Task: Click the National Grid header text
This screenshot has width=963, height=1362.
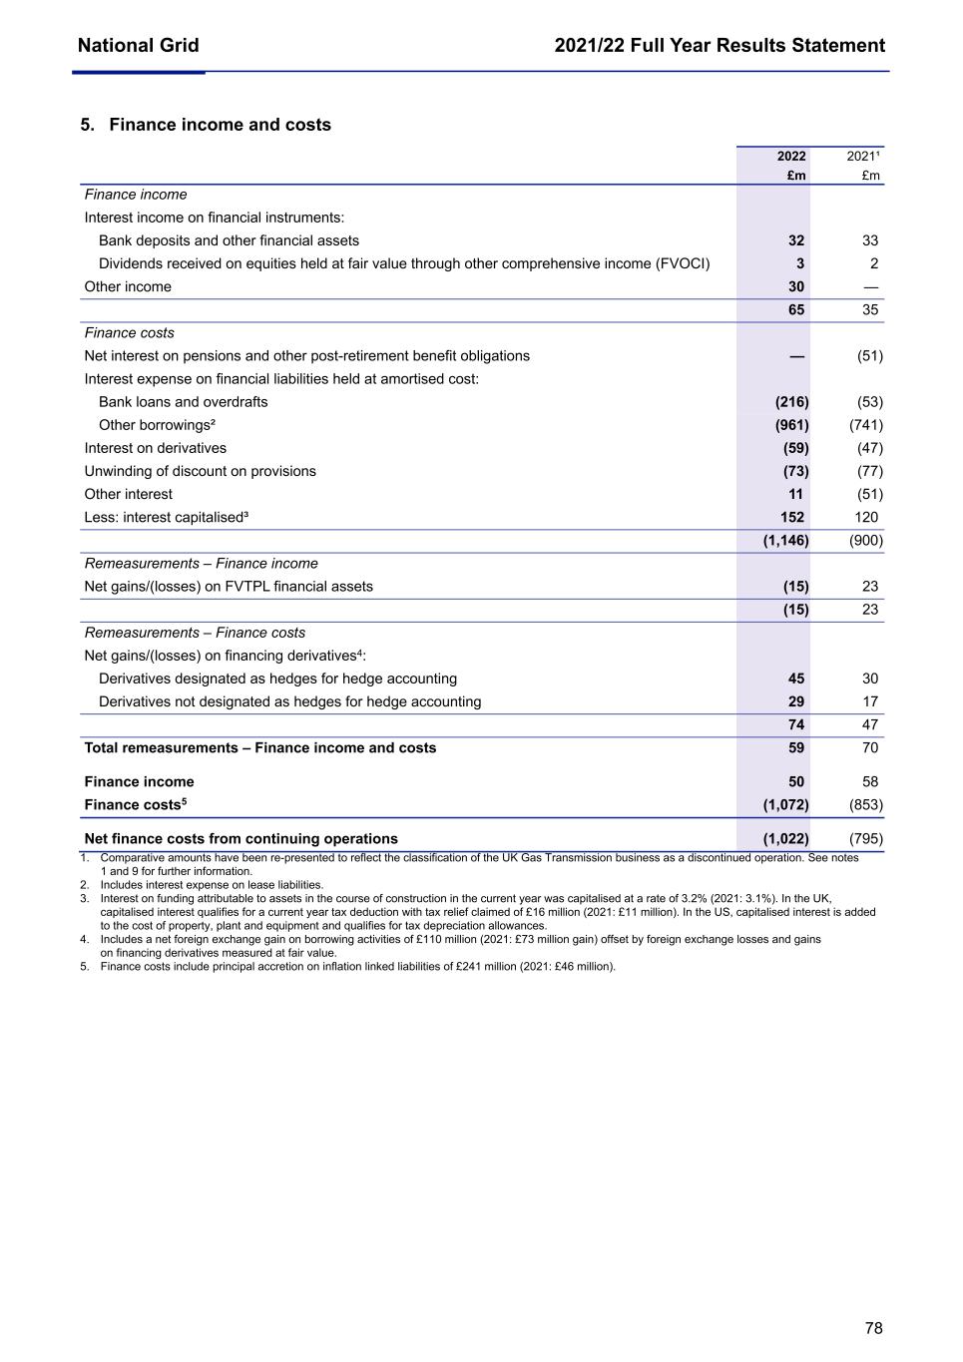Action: click(x=138, y=46)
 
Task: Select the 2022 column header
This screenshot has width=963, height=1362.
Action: click(x=791, y=157)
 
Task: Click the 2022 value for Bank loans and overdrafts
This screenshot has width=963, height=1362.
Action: click(x=792, y=402)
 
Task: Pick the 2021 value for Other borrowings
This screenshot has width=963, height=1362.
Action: click(x=865, y=425)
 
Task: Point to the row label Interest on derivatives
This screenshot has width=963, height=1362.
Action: click(x=156, y=448)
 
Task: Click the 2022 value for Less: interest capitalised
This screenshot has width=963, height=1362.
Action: click(x=792, y=517)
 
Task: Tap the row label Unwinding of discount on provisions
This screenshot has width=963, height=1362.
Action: click(x=201, y=471)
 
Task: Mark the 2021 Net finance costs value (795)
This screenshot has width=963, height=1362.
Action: click(x=865, y=839)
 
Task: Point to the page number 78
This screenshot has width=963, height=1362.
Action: click(x=873, y=1328)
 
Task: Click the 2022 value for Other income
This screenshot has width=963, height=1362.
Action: click(x=795, y=286)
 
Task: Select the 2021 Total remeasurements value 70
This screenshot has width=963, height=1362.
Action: click(x=870, y=747)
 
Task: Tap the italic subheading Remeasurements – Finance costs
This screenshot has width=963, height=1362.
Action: click(x=196, y=633)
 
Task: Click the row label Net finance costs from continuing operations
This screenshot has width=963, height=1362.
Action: click(x=241, y=839)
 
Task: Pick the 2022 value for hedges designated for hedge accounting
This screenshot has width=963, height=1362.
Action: click(x=795, y=679)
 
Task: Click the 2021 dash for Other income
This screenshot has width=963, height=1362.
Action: click(x=870, y=286)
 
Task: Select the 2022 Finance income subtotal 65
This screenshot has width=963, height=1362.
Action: click(x=796, y=309)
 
